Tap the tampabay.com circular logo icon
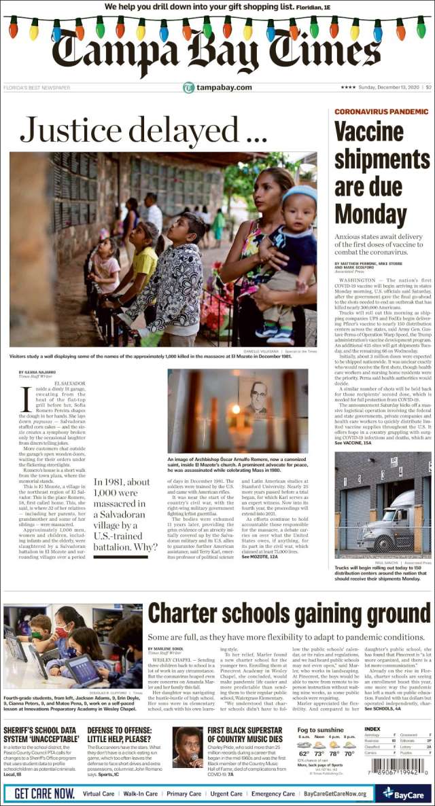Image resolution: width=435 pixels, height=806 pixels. click(x=188, y=88)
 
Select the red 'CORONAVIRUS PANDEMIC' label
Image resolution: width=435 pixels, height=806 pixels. click(x=381, y=111)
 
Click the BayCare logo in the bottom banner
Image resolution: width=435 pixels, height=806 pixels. click(x=405, y=792)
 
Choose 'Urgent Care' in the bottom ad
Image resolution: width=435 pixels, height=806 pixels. click(x=226, y=793)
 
